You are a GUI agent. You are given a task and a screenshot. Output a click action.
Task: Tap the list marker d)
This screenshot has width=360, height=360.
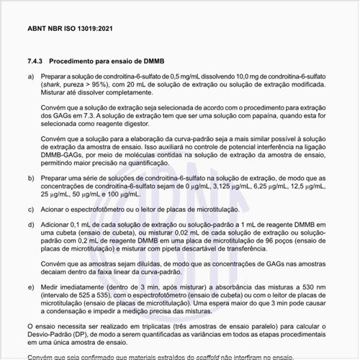click(30, 225)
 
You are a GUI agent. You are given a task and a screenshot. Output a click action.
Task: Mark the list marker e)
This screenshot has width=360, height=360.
click(30, 286)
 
